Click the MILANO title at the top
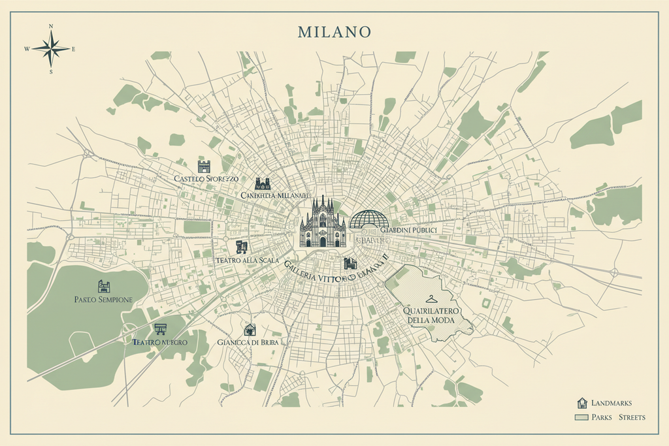pos(334,31)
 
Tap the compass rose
pos(51,48)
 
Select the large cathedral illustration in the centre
pos(323,223)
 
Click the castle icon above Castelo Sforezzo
pos(204,166)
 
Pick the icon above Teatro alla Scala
pos(242,247)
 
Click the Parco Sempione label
pos(104,299)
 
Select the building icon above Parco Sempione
pos(104,286)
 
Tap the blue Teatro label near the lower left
pos(159,342)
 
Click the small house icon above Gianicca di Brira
pos(250,330)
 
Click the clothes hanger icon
pos(429,299)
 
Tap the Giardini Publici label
pos(409,231)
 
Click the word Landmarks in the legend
pos(611,404)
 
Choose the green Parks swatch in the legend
pos(581,417)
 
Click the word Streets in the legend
pos(632,417)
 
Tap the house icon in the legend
pos(582,403)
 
